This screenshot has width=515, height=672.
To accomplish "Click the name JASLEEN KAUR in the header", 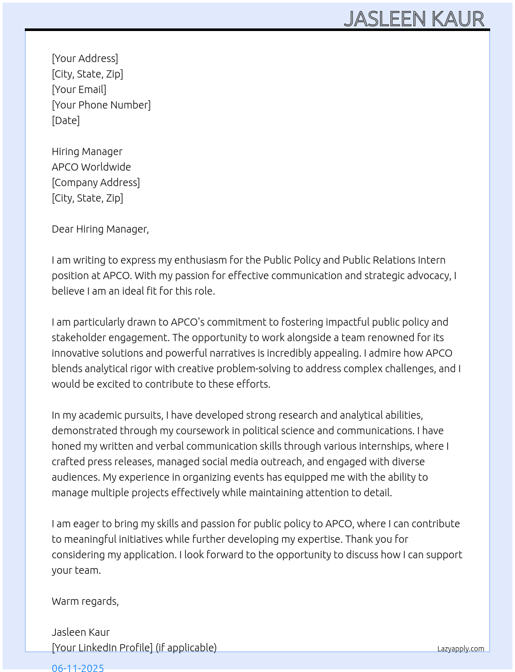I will pos(414,19).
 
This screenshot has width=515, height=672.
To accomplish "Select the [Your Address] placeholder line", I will pos(85,58).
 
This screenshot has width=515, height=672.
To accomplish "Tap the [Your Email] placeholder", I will pos(79,89).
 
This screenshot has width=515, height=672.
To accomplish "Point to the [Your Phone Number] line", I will pos(101,105).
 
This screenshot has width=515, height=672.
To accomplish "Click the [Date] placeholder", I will pos(66,120).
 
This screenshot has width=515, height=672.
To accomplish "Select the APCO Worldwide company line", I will pos(91,167).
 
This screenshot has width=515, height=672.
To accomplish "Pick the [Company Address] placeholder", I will pos(96,182).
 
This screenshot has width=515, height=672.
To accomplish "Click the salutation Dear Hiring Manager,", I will pos(100,229).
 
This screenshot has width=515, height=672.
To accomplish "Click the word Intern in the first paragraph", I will pos(432,260).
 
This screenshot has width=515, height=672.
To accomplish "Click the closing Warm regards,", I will pos(85,601).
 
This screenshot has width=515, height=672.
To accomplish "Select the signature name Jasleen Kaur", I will pos(81,632).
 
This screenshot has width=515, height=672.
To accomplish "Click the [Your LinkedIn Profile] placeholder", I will pos(102,648).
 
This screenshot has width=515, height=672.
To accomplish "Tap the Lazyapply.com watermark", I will pos(461,649).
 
